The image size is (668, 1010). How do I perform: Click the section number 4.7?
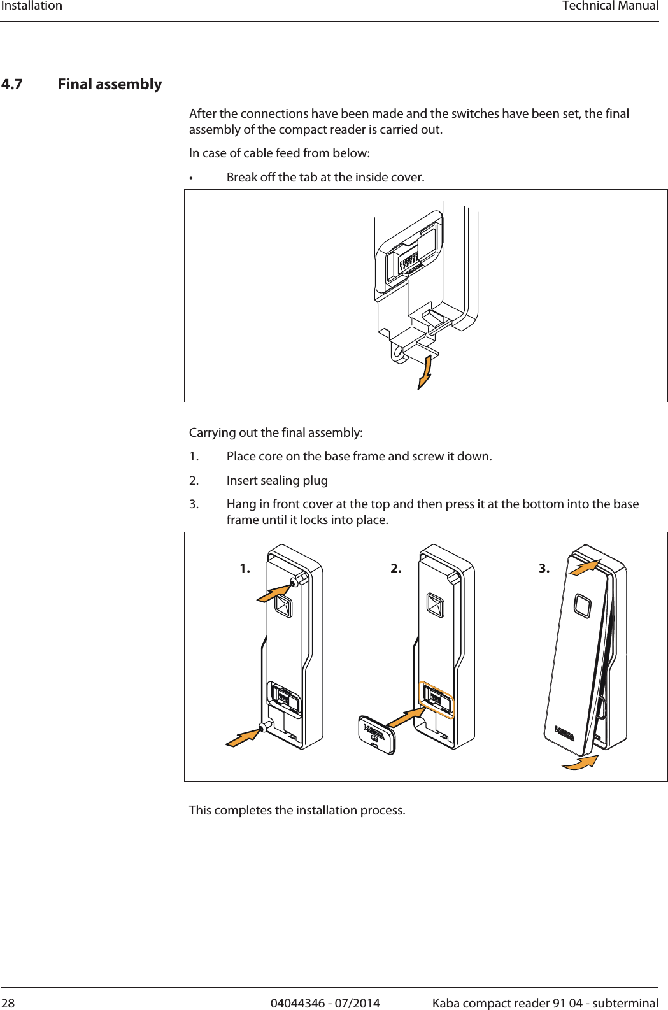pyautogui.click(x=12, y=85)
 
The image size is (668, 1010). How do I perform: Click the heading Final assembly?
pyautogui.click(x=110, y=85)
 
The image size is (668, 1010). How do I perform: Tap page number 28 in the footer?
pyautogui.click(x=8, y=1003)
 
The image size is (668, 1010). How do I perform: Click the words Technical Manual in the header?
pyautogui.click(x=610, y=6)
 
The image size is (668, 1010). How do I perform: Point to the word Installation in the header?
pyautogui.click(x=32, y=6)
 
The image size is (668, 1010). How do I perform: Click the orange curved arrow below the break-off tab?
pyautogui.click(x=425, y=373)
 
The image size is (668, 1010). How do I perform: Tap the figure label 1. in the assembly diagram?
pyautogui.click(x=245, y=569)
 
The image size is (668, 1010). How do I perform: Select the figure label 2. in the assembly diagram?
pyautogui.click(x=396, y=569)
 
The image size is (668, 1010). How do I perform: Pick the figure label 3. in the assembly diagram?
pyautogui.click(x=544, y=569)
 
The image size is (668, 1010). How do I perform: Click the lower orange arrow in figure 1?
pyautogui.click(x=243, y=738)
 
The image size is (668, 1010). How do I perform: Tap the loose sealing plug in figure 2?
pyautogui.click(x=376, y=736)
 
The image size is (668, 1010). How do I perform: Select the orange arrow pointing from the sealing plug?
pyautogui.click(x=406, y=717)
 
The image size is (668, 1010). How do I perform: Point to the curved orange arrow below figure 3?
pyautogui.click(x=581, y=762)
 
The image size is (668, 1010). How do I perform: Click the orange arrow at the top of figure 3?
pyautogui.click(x=585, y=567)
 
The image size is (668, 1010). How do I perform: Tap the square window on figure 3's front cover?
pyautogui.click(x=583, y=606)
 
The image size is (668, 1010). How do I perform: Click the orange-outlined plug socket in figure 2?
pyautogui.click(x=437, y=699)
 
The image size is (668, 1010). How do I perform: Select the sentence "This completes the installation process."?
pyautogui.click(x=297, y=810)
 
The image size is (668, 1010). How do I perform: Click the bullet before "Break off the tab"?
pyautogui.click(x=191, y=178)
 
